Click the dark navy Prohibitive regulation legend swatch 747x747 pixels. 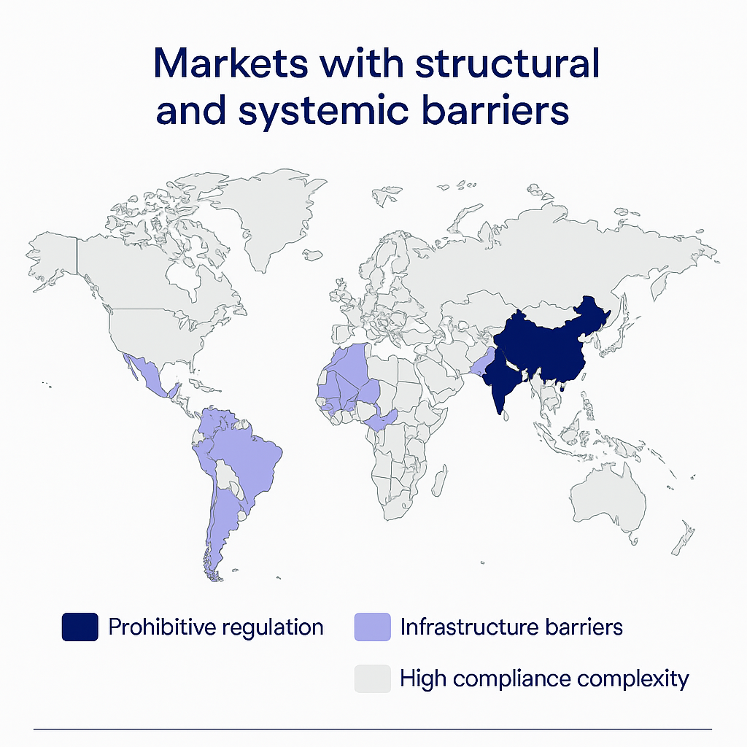pyautogui.click(x=80, y=627)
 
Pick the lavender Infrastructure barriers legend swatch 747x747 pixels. pyautogui.click(x=372, y=627)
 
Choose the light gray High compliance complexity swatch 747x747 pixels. pyautogui.click(x=372, y=678)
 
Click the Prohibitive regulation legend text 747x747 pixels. pyautogui.click(x=216, y=627)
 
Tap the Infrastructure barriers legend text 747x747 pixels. pyautogui.click(x=511, y=627)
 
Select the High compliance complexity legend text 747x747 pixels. pyautogui.click(x=544, y=678)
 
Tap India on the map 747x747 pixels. pyautogui.click(x=503, y=379)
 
